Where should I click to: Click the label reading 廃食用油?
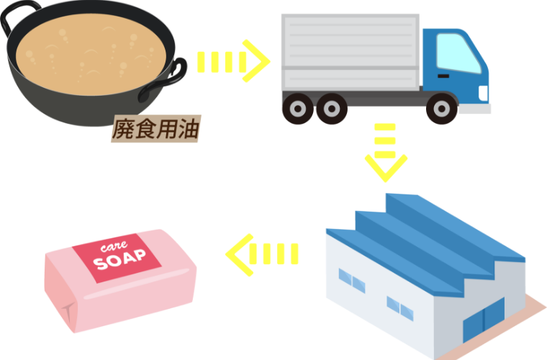click(x=155, y=130)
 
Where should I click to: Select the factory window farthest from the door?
click(x=346, y=277)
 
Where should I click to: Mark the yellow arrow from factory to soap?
click(x=263, y=254)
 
